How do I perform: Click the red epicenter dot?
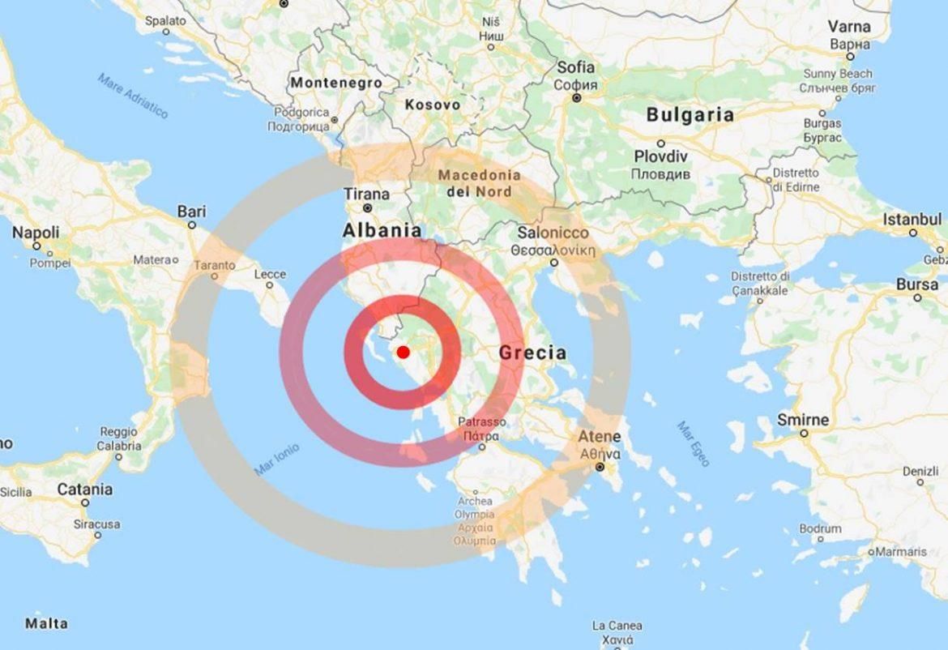click(403, 352)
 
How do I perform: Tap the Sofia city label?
click(575, 68)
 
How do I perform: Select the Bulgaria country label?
click(690, 115)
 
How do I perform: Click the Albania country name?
click(382, 230)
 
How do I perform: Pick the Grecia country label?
click(532, 353)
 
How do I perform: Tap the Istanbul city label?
click(912, 219)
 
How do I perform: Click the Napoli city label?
click(36, 233)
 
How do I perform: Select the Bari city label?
click(191, 212)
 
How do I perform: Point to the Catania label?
click(85, 490)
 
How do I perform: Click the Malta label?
click(46, 623)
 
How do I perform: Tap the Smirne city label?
click(803, 420)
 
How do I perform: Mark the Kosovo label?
click(433, 105)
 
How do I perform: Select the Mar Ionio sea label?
click(276, 459)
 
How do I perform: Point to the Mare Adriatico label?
click(133, 96)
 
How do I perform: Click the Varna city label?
click(850, 27)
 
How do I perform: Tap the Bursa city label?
click(917, 284)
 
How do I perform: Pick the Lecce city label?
click(270, 275)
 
